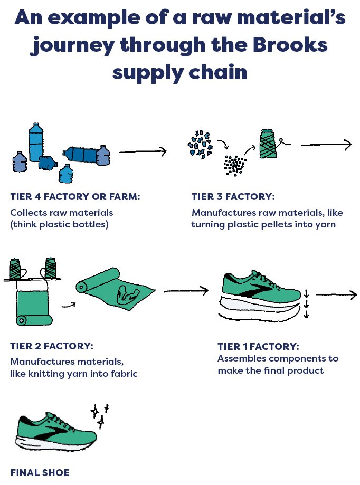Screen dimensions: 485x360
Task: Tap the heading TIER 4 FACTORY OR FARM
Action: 75,197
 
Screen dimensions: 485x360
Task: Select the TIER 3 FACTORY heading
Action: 233,197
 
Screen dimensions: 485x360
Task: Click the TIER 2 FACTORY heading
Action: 52,346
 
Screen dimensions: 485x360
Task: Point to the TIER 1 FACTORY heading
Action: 258,347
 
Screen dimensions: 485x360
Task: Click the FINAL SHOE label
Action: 40,472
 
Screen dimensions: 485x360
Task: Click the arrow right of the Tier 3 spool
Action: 326,145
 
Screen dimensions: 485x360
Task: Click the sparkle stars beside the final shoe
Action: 100,414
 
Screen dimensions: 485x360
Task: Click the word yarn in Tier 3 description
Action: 327,224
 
